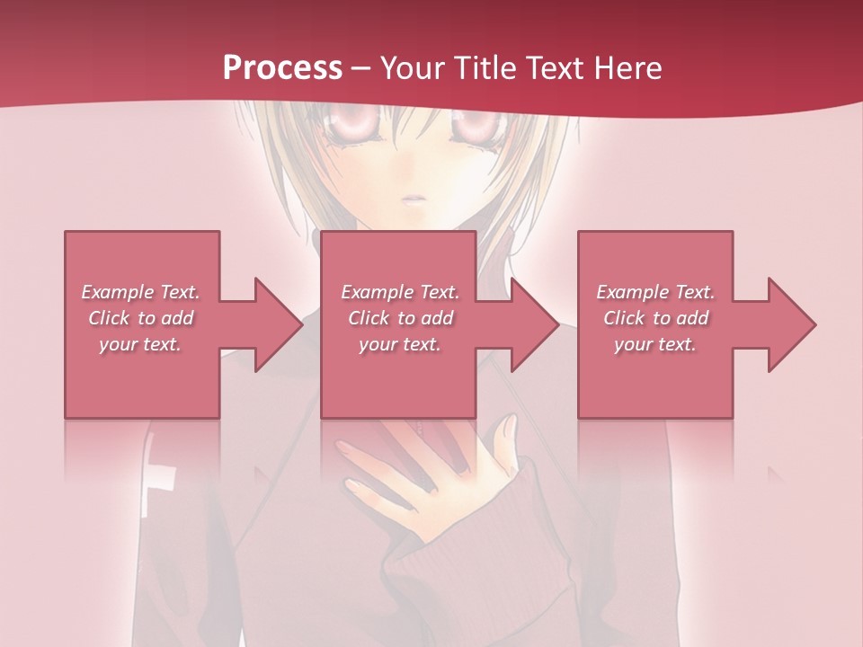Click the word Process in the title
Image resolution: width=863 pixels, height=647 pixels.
tap(282, 68)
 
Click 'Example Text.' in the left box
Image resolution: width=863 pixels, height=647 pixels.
tap(140, 292)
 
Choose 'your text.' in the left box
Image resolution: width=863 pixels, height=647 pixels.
tap(140, 344)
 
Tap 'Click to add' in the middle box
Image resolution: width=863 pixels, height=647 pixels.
tap(400, 318)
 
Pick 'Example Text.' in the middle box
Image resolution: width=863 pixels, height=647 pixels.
tap(400, 292)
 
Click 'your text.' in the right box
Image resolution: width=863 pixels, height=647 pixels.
tap(655, 344)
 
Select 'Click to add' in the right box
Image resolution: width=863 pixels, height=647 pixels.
tap(655, 318)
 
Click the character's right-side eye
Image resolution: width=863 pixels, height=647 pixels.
tap(476, 129)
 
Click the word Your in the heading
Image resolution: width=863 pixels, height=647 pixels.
tap(413, 68)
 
